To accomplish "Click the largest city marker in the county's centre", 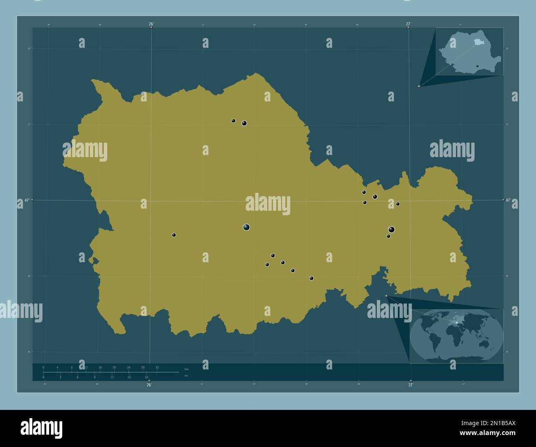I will tap(247, 227).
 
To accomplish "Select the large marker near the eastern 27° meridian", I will tap(391, 230).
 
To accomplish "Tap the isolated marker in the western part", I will tap(174, 235).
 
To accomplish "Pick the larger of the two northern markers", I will tap(244, 123).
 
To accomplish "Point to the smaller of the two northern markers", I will tap(233, 121).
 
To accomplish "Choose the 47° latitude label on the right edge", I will tap(508, 200).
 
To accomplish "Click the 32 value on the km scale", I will tap(157, 367).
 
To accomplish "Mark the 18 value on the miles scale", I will tap(146, 377).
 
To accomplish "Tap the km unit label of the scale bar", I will tap(186, 369).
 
